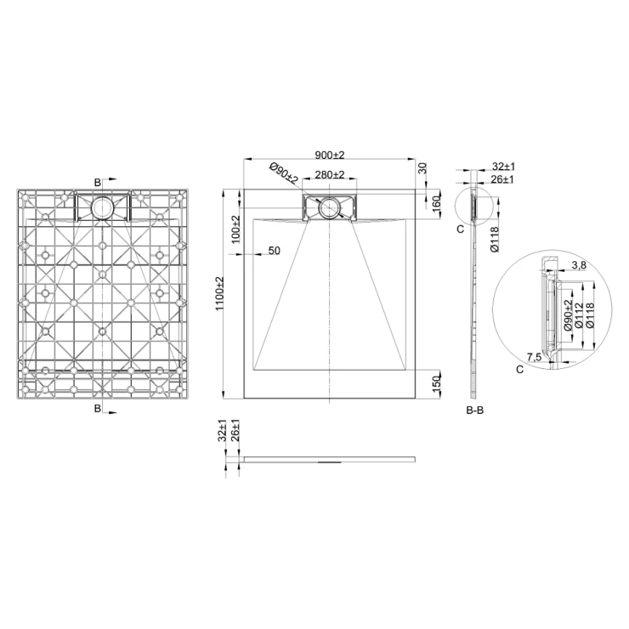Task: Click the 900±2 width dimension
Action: click(330, 155)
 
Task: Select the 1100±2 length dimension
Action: click(220, 293)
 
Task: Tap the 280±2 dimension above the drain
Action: click(330, 175)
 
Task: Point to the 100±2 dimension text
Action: click(236, 229)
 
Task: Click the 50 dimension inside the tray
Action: click(274, 251)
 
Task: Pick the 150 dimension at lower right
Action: click(437, 382)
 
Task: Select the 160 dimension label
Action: click(437, 204)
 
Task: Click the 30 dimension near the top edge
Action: click(422, 168)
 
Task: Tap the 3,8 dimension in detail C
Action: click(579, 264)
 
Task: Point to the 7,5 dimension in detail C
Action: click(534, 357)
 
